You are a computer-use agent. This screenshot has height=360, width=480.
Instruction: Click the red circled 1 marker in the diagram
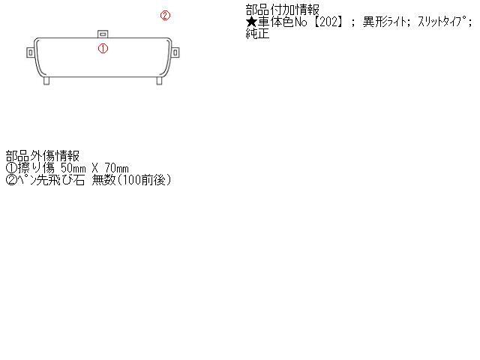coord(103,48)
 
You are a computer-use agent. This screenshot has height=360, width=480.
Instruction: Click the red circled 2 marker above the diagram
coord(165,15)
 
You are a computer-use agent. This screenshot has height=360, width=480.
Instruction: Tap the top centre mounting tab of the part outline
coord(103,34)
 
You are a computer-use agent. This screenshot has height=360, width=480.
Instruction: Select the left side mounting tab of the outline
coord(30,52)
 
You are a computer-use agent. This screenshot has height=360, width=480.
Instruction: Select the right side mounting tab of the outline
coord(175,52)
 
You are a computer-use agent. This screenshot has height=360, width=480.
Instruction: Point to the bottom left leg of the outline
coord(46,80)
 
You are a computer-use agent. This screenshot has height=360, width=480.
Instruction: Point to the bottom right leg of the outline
coord(159,80)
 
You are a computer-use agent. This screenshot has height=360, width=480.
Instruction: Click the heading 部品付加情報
coord(282,10)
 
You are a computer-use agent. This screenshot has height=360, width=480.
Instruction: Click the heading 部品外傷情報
coord(43,156)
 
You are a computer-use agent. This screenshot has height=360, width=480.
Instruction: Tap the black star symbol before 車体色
coord(251,22)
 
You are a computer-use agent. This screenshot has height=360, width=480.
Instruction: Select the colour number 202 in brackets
coord(328,22)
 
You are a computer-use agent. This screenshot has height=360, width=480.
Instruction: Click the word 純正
coord(257,33)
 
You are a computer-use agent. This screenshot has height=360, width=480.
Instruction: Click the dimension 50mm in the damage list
coord(73,168)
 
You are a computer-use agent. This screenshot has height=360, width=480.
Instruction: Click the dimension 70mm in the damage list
coord(117,168)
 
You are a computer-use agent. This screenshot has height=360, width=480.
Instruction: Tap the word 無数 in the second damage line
coord(103,180)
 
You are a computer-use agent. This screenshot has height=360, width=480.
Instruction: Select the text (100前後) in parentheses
coord(144,180)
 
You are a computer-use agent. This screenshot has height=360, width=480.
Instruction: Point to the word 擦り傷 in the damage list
coord(37,168)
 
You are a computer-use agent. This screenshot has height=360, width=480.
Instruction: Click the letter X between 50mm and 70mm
coord(95,168)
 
